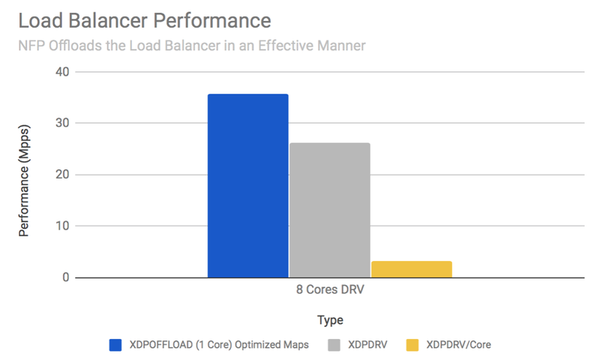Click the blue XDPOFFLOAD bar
point(247,186)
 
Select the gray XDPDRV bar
point(329,210)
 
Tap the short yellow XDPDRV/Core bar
point(412,269)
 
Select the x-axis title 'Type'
point(330,320)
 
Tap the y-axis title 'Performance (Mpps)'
point(24,174)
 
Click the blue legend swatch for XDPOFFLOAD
point(115,344)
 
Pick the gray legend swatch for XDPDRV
point(334,344)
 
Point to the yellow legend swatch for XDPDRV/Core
point(412,344)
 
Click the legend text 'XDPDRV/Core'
point(457,344)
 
